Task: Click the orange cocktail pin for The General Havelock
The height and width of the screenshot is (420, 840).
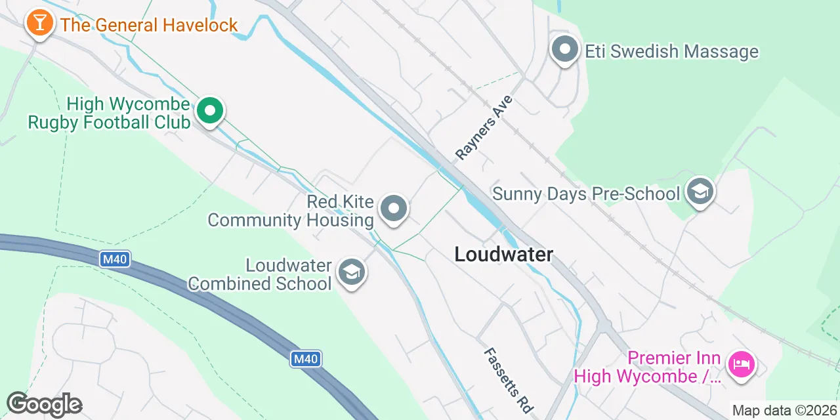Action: pos(40,24)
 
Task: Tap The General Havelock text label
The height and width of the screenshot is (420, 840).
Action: pos(149,26)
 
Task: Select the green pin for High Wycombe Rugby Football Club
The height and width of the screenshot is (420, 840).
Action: pos(209,111)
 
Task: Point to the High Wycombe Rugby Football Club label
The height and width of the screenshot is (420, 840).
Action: pos(110,113)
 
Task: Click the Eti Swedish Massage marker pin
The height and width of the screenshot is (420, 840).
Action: pos(564,50)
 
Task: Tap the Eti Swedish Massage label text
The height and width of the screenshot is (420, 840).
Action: pos(671,51)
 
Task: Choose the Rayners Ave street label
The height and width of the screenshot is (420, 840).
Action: pos(483,128)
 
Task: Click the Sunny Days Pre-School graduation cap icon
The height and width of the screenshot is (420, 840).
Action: pos(700,192)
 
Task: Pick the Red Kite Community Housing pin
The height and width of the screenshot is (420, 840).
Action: pos(394,209)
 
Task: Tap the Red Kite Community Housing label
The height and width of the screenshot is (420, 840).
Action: pos(291,211)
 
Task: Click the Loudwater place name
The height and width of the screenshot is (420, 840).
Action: pos(504,254)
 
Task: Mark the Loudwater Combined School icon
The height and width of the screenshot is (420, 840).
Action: pos(352,273)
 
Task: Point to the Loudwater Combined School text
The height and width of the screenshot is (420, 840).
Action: pos(260,274)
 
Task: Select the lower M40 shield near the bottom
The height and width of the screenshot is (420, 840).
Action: pos(306,359)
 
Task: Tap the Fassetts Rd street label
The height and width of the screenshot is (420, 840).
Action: pos(507,380)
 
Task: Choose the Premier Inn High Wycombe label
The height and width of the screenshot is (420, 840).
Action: pos(648,367)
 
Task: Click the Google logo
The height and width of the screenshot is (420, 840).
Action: pos(44,404)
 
